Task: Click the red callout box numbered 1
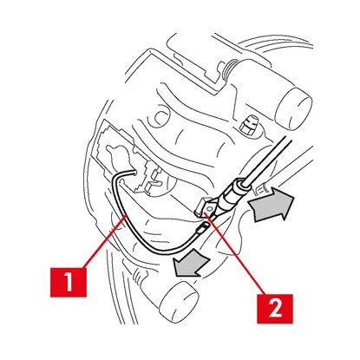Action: (x=69, y=282)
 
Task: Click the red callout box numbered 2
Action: (x=275, y=309)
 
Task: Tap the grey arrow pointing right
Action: (x=271, y=206)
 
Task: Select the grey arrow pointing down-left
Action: (x=190, y=265)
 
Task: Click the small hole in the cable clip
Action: (x=210, y=207)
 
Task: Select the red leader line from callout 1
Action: (x=105, y=241)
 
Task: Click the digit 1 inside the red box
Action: (x=69, y=282)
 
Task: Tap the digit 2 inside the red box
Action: (x=275, y=309)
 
